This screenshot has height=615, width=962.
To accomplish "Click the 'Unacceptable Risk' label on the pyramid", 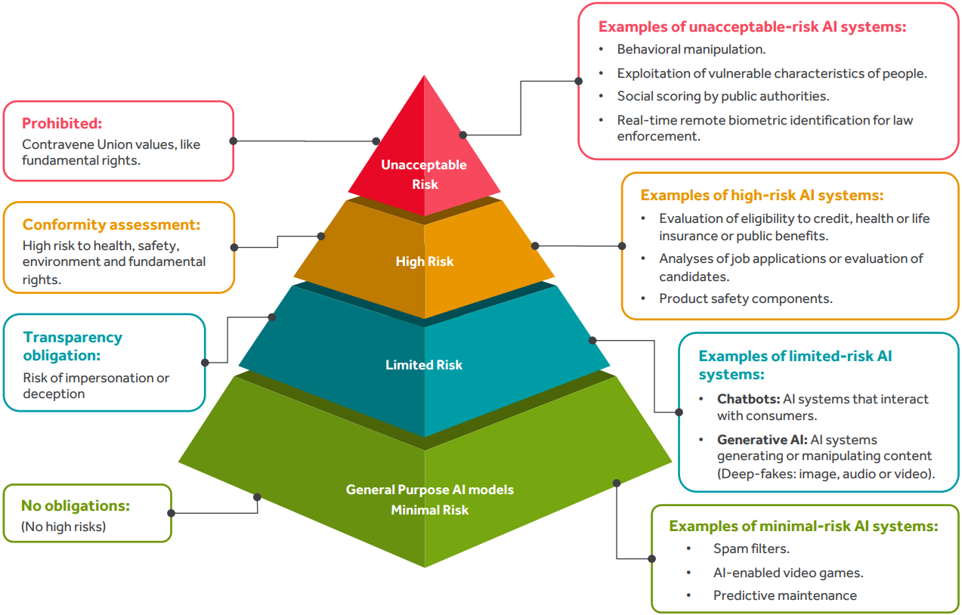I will point(424,175).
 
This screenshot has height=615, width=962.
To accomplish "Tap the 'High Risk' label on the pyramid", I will point(425,261).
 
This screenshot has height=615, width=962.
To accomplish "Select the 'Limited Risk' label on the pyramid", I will point(424,365).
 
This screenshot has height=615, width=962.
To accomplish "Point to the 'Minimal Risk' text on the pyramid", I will point(429,510).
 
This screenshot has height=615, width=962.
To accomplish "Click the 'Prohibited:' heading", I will point(62,123).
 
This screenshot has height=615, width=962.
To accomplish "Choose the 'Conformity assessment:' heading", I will point(111,224).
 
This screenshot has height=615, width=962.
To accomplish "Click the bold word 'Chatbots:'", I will point(748,399).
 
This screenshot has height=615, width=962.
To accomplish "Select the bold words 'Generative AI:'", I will point(762,440).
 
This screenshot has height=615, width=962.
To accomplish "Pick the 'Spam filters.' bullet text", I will point(751,549).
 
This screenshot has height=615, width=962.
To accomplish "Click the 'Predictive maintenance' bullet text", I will point(784,595).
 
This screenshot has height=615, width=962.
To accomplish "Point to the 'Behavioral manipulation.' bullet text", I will point(691,50).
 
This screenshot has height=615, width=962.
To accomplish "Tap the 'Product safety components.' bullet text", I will point(746,298).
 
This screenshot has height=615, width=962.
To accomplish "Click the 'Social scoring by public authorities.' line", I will point(723,96).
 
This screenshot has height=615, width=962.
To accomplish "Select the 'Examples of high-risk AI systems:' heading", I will point(762,195).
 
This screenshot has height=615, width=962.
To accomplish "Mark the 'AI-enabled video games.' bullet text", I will point(788,572).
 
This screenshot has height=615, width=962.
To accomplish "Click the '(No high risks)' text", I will point(63,526).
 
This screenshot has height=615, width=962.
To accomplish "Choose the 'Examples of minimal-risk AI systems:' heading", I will point(803,526).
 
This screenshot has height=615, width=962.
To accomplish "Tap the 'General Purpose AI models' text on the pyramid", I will point(429,490).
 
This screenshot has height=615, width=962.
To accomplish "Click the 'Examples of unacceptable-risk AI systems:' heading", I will point(752,26).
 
